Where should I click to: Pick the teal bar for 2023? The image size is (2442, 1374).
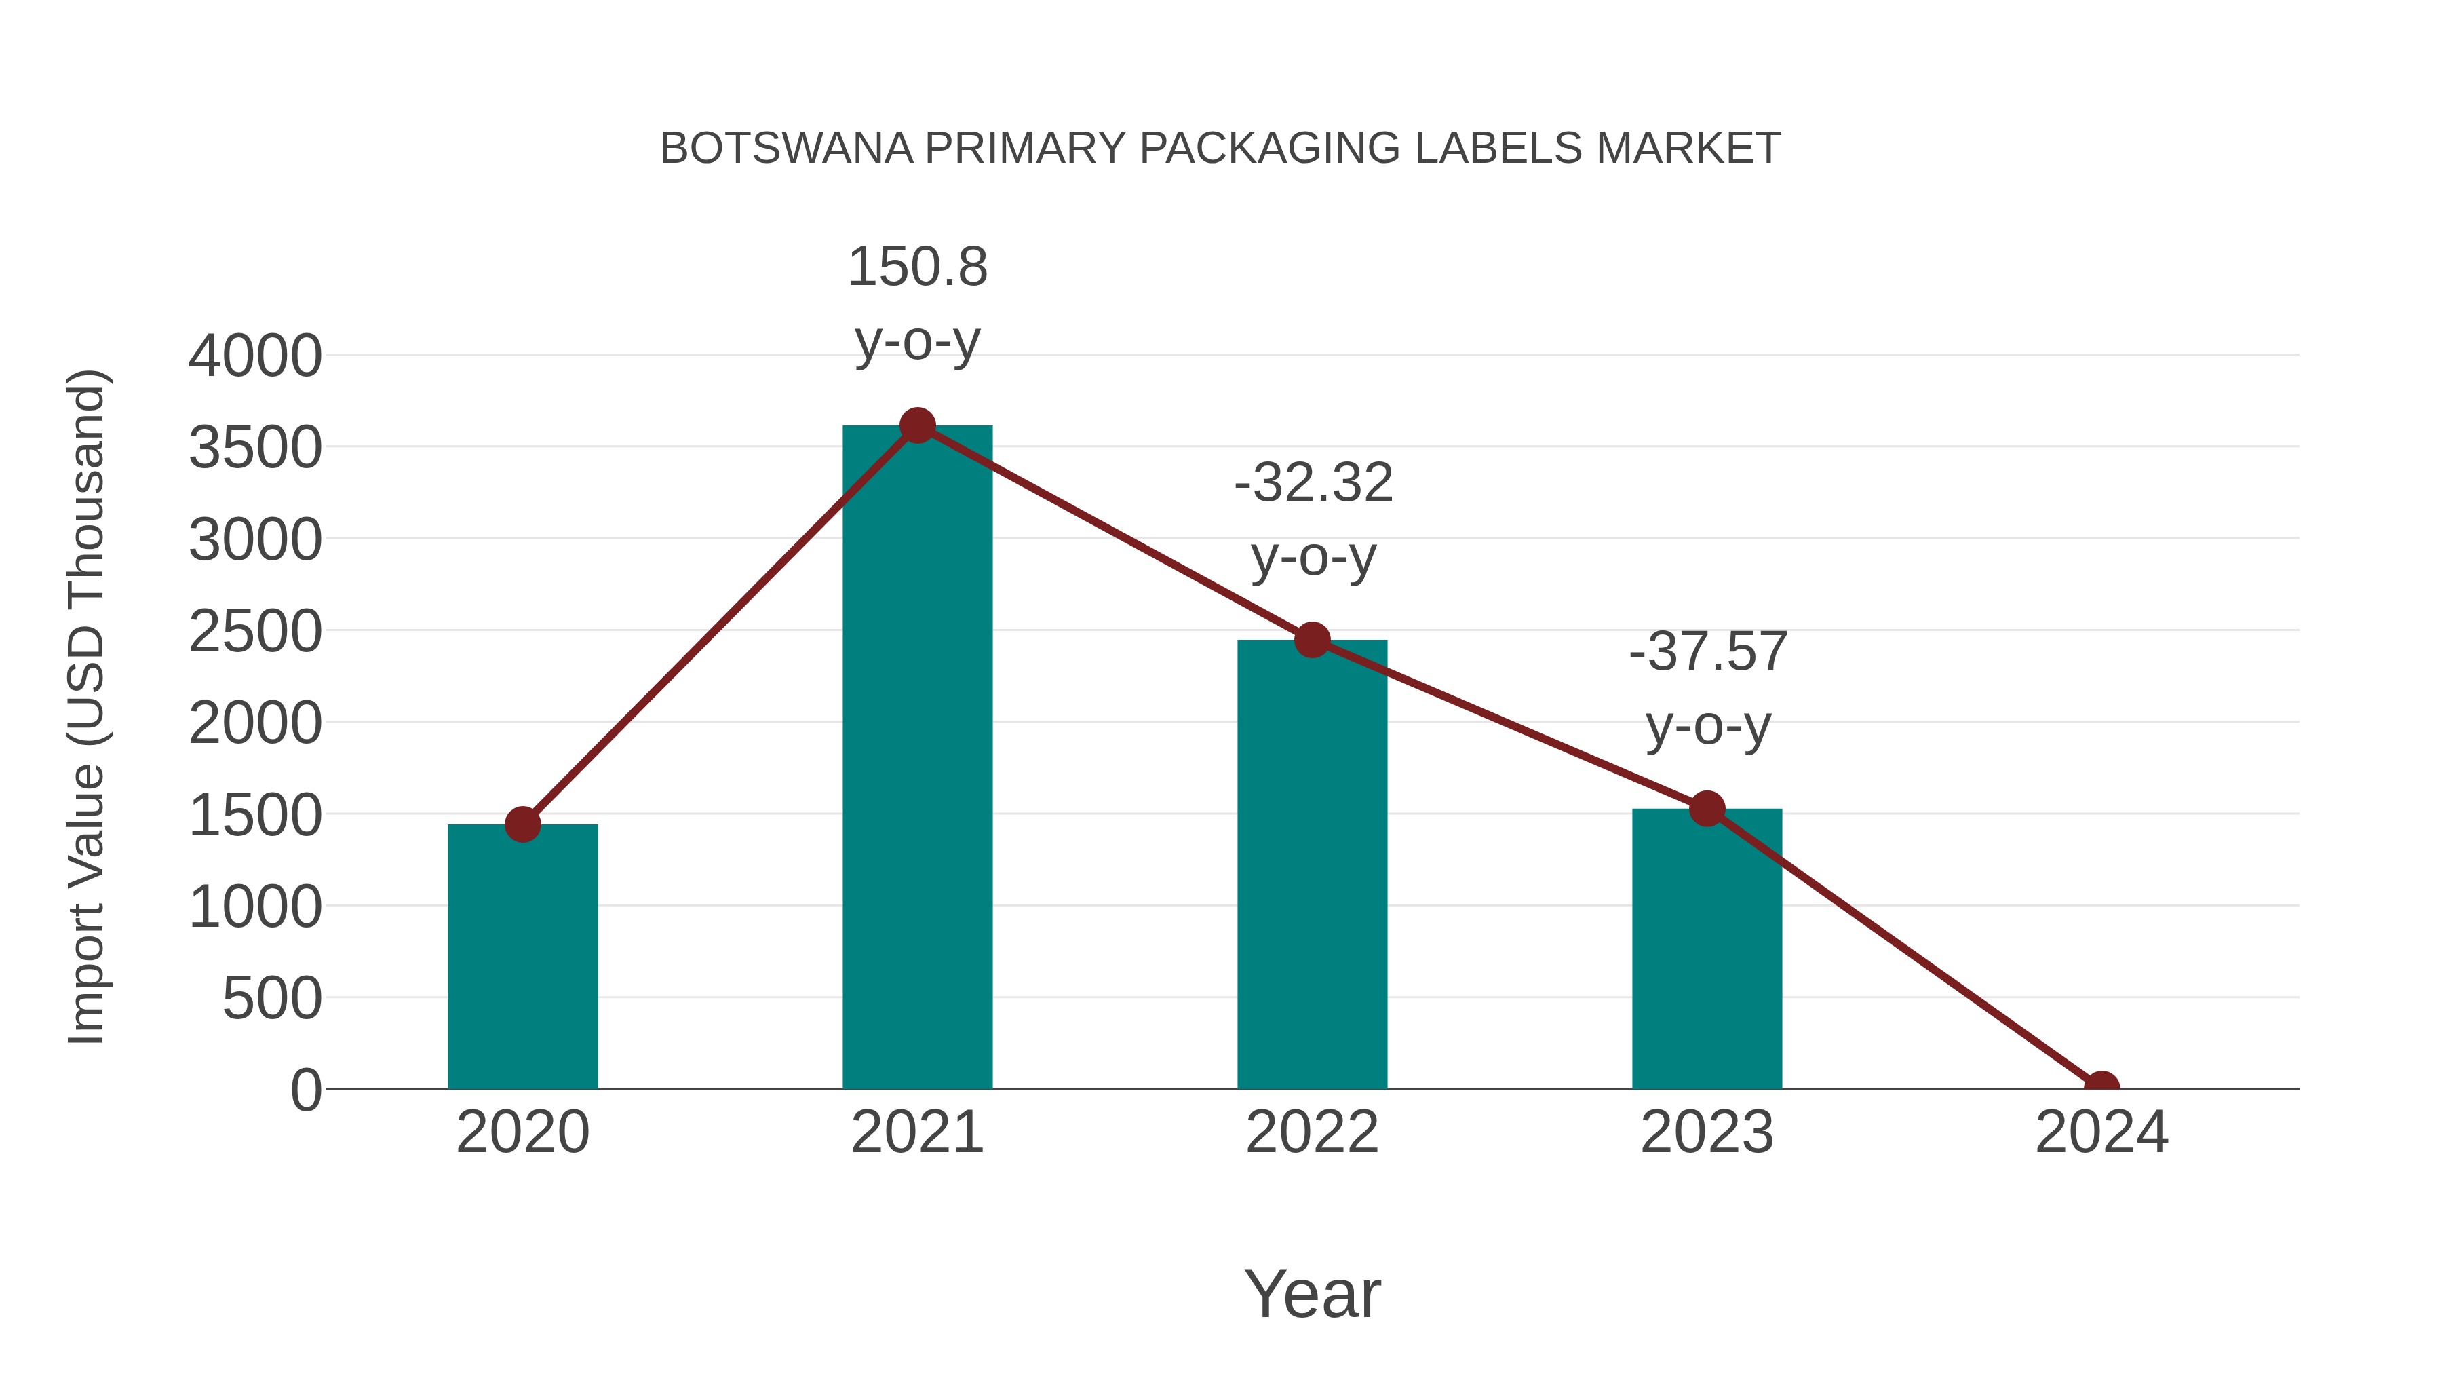pos(1707,949)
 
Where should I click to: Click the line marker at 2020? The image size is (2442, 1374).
pos(522,824)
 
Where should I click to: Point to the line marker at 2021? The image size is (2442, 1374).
pos(916,425)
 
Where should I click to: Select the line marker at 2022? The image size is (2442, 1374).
pos(1311,640)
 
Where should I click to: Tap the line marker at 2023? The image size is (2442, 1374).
pos(1707,809)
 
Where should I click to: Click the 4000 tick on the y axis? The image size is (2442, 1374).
pos(255,356)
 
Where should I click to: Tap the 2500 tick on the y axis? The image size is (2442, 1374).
pos(255,632)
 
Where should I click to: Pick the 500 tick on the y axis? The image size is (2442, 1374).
pos(272,999)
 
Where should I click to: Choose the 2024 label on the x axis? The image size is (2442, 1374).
pos(2101,1132)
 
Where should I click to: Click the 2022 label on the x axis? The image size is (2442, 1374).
pos(1311,1132)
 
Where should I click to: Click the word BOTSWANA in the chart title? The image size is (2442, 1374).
pos(786,148)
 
